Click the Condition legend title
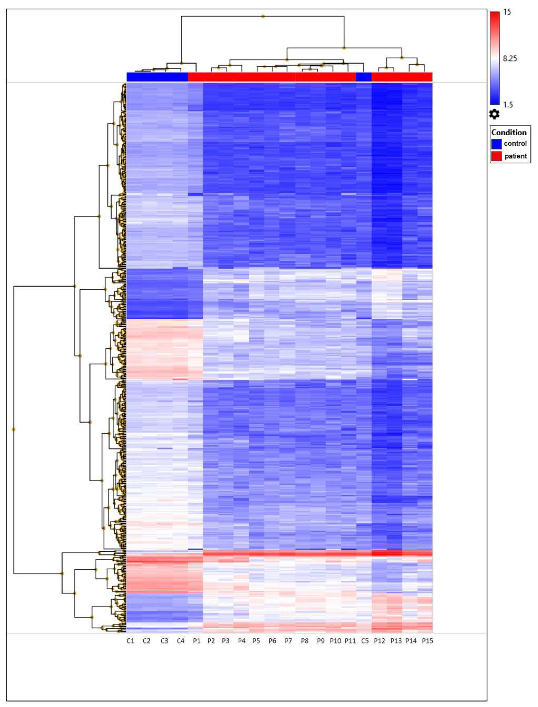(509, 132)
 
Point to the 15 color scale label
(507, 12)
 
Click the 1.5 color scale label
(508, 105)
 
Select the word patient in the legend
(516, 156)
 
